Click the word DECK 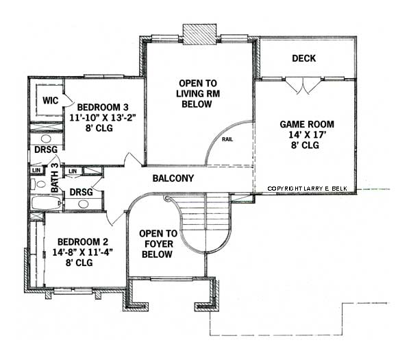point(303,58)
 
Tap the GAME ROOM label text point(307,124)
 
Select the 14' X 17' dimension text point(306,135)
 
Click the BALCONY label point(173,178)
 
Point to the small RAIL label point(227,139)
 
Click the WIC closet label point(50,101)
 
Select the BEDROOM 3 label point(103,107)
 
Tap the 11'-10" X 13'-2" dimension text point(103,117)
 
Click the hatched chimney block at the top point(199,35)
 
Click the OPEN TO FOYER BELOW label point(158,243)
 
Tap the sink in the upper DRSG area point(45,132)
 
